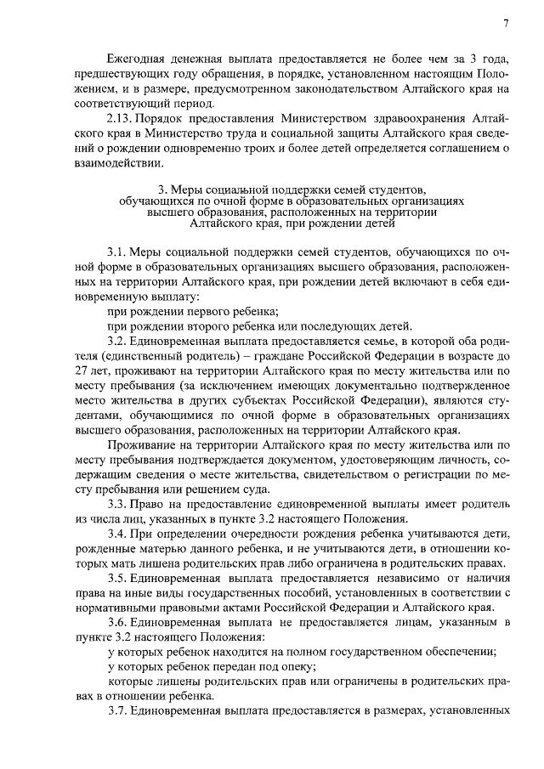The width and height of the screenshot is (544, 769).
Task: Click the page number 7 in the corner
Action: click(505, 23)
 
